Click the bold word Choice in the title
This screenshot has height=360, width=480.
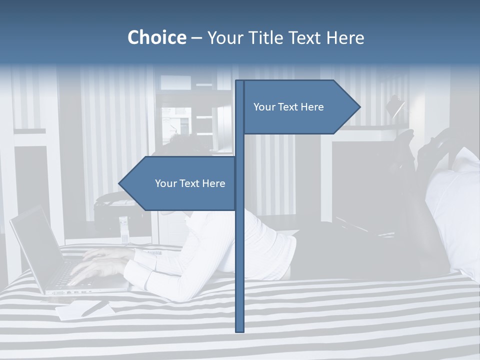point(156,37)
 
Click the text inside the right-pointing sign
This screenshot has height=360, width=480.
point(288,107)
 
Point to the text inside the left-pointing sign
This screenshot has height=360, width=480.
point(190,183)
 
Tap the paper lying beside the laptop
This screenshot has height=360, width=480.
point(80,310)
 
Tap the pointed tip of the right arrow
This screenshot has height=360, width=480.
point(358,107)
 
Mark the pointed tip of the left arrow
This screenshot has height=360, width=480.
point(120,183)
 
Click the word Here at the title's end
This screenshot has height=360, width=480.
point(345,37)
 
